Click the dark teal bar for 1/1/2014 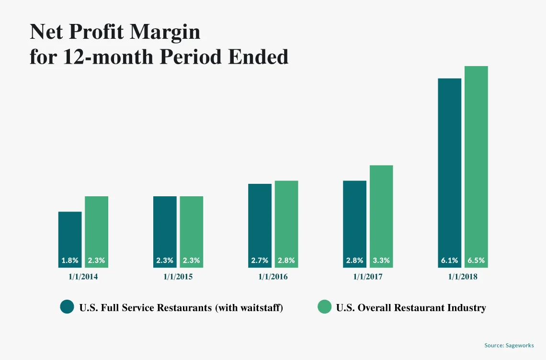70,239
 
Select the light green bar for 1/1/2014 96,232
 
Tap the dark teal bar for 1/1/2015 165,232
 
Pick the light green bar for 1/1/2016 286,224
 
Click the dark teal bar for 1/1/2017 354,224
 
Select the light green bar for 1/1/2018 476,167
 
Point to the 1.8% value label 70,260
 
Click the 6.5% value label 476,260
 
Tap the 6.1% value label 450,260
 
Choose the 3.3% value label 381,260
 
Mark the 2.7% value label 260,260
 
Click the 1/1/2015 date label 178,277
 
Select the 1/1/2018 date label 463,277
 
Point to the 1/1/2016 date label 273,277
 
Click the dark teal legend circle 67,307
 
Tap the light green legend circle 325,307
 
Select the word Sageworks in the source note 520,345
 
